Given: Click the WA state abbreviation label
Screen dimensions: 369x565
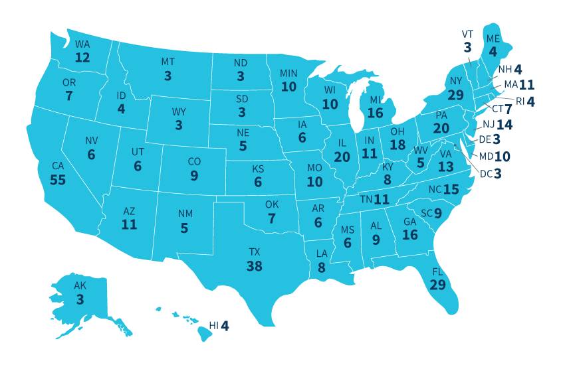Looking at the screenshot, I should [82, 44].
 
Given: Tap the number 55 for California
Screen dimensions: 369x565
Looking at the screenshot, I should [57, 181].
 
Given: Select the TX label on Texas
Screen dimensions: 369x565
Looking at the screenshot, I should [255, 252].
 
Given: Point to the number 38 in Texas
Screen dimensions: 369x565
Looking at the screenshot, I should [255, 266].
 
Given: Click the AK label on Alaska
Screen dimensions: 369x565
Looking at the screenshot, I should [80, 286].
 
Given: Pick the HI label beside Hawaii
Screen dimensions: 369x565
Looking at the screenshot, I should [214, 326].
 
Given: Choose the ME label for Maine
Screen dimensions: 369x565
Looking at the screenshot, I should [493, 38].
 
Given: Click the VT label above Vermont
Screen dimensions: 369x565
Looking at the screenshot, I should [467, 34].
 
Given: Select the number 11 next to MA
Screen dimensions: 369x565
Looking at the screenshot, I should [527, 85].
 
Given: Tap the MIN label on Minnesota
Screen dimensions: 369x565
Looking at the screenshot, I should [288, 72].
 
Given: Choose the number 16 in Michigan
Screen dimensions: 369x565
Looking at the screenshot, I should [375, 113].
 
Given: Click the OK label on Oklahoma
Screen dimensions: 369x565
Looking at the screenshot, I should [271, 204].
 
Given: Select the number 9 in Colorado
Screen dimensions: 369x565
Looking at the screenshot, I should [194, 176].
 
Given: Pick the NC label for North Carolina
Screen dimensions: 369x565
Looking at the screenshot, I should [435, 190].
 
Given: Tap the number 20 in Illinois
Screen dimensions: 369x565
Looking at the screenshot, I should [342, 157].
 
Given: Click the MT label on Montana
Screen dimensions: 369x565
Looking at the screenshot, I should [168, 62].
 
